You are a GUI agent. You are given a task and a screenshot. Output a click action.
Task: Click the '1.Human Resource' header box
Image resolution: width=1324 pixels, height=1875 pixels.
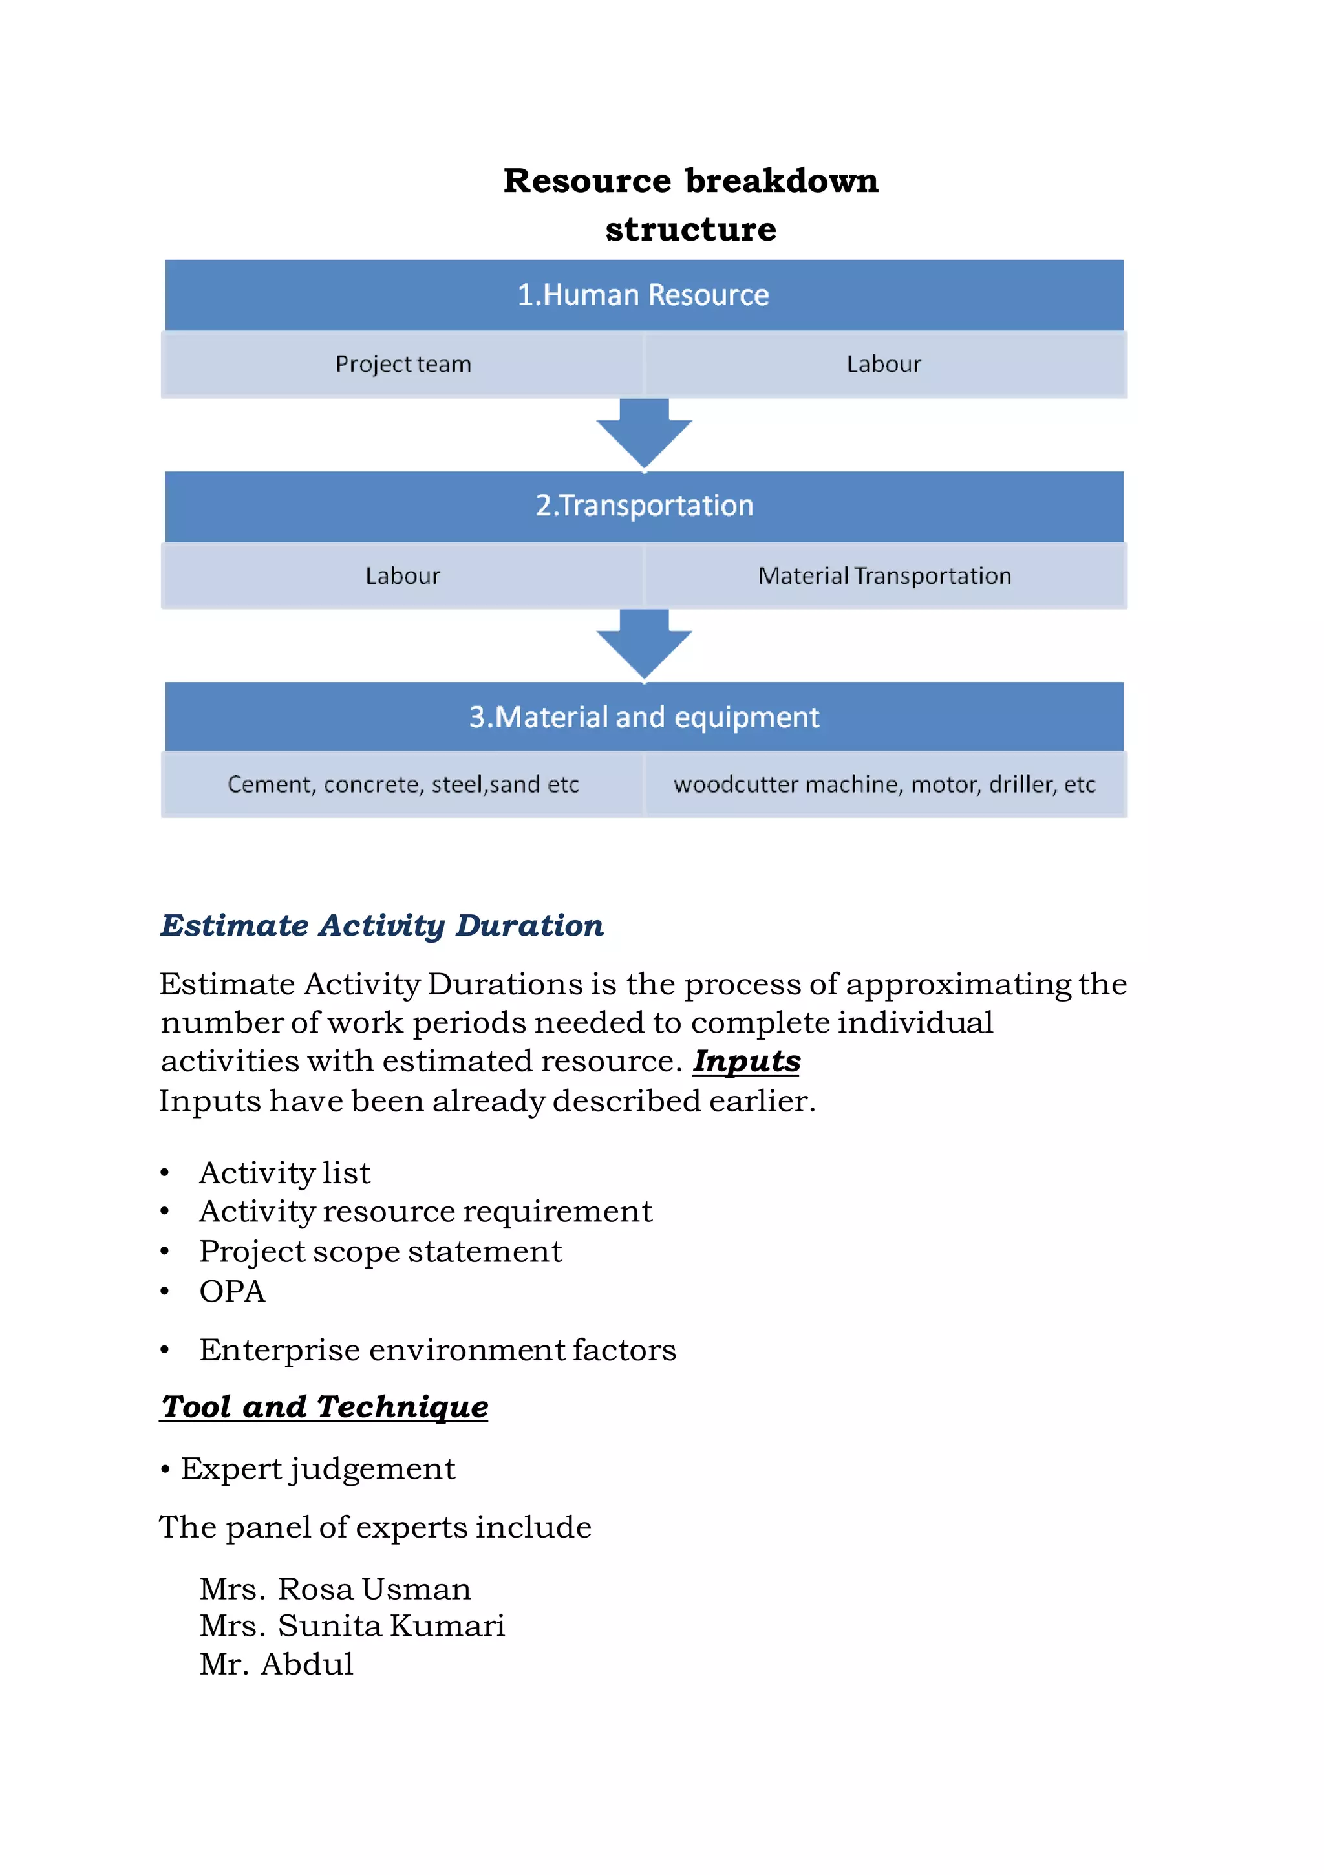point(644,295)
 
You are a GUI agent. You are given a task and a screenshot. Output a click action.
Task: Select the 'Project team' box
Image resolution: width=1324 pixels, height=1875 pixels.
point(403,364)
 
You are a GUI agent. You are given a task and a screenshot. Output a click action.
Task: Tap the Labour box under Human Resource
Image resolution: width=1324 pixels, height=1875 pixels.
point(884,364)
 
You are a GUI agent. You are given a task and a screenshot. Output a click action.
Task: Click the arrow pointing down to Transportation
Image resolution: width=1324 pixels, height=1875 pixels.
point(644,433)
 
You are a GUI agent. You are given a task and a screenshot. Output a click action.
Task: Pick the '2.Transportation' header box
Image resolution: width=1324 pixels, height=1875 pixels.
point(644,506)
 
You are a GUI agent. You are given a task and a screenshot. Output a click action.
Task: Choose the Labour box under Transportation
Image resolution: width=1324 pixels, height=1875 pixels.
point(403,575)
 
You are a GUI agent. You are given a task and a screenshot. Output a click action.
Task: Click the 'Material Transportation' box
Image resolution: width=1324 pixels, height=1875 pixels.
point(884,575)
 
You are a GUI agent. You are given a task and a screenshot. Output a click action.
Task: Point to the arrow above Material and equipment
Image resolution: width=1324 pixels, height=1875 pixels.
point(644,643)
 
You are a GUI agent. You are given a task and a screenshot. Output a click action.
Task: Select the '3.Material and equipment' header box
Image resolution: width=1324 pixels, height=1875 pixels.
point(644,717)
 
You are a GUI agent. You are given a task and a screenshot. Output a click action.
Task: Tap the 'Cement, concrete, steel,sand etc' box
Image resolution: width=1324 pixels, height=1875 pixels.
point(403,784)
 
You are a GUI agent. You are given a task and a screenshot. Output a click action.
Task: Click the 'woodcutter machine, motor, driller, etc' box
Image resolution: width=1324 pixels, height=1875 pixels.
point(884,784)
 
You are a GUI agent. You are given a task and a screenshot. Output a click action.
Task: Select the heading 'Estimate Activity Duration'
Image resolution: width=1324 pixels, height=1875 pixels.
point(381,925)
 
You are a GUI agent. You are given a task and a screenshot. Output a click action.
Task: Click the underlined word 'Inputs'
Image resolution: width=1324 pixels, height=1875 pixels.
point(747,1061)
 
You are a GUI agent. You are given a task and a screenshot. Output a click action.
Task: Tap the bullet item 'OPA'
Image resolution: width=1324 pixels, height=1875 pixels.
point(233,1291)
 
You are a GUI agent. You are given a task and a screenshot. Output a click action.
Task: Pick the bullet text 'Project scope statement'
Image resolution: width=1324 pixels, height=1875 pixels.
point(381,1251)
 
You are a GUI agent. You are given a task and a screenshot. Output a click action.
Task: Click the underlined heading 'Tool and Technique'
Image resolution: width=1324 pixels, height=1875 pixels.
point(325,1406)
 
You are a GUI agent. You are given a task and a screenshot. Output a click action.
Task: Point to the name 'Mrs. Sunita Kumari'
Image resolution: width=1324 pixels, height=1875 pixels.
point(352,1626)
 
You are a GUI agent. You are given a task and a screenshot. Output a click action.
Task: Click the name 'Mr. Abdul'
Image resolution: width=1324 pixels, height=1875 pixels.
point(276,1664)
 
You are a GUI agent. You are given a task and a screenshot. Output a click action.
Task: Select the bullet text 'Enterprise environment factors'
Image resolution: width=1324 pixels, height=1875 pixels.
point(438,1350)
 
